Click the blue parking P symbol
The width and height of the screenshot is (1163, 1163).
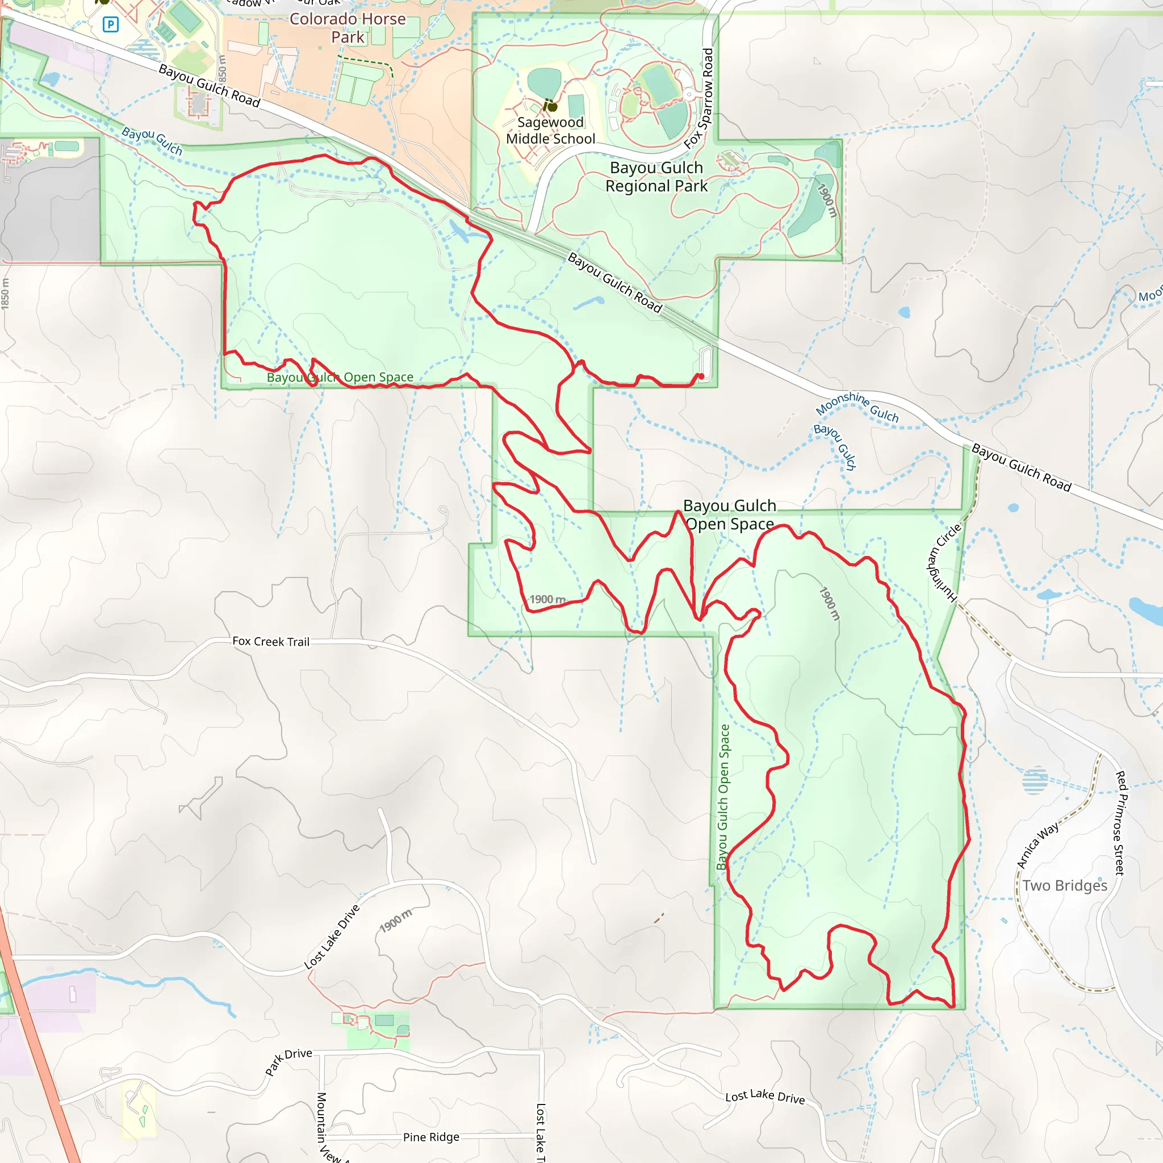110,24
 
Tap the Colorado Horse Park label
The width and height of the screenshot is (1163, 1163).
348,28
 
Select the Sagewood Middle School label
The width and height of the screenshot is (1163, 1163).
550,131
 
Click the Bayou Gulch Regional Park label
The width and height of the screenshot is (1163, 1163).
656,177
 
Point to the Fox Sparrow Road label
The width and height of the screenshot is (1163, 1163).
700,99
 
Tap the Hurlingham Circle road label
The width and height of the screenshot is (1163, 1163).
943,562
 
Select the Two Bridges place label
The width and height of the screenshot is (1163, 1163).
1064,885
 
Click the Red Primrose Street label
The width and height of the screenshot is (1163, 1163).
1120,823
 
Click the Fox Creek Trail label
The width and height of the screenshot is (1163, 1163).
271,642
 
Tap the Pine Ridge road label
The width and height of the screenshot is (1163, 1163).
431,1137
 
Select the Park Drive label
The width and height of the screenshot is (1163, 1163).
289,1061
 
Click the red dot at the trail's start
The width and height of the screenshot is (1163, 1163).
701,377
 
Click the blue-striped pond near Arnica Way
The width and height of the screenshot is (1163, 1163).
1035,781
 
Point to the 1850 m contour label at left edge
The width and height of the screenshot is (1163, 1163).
6,294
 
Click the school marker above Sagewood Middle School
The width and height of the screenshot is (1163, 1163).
551,107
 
